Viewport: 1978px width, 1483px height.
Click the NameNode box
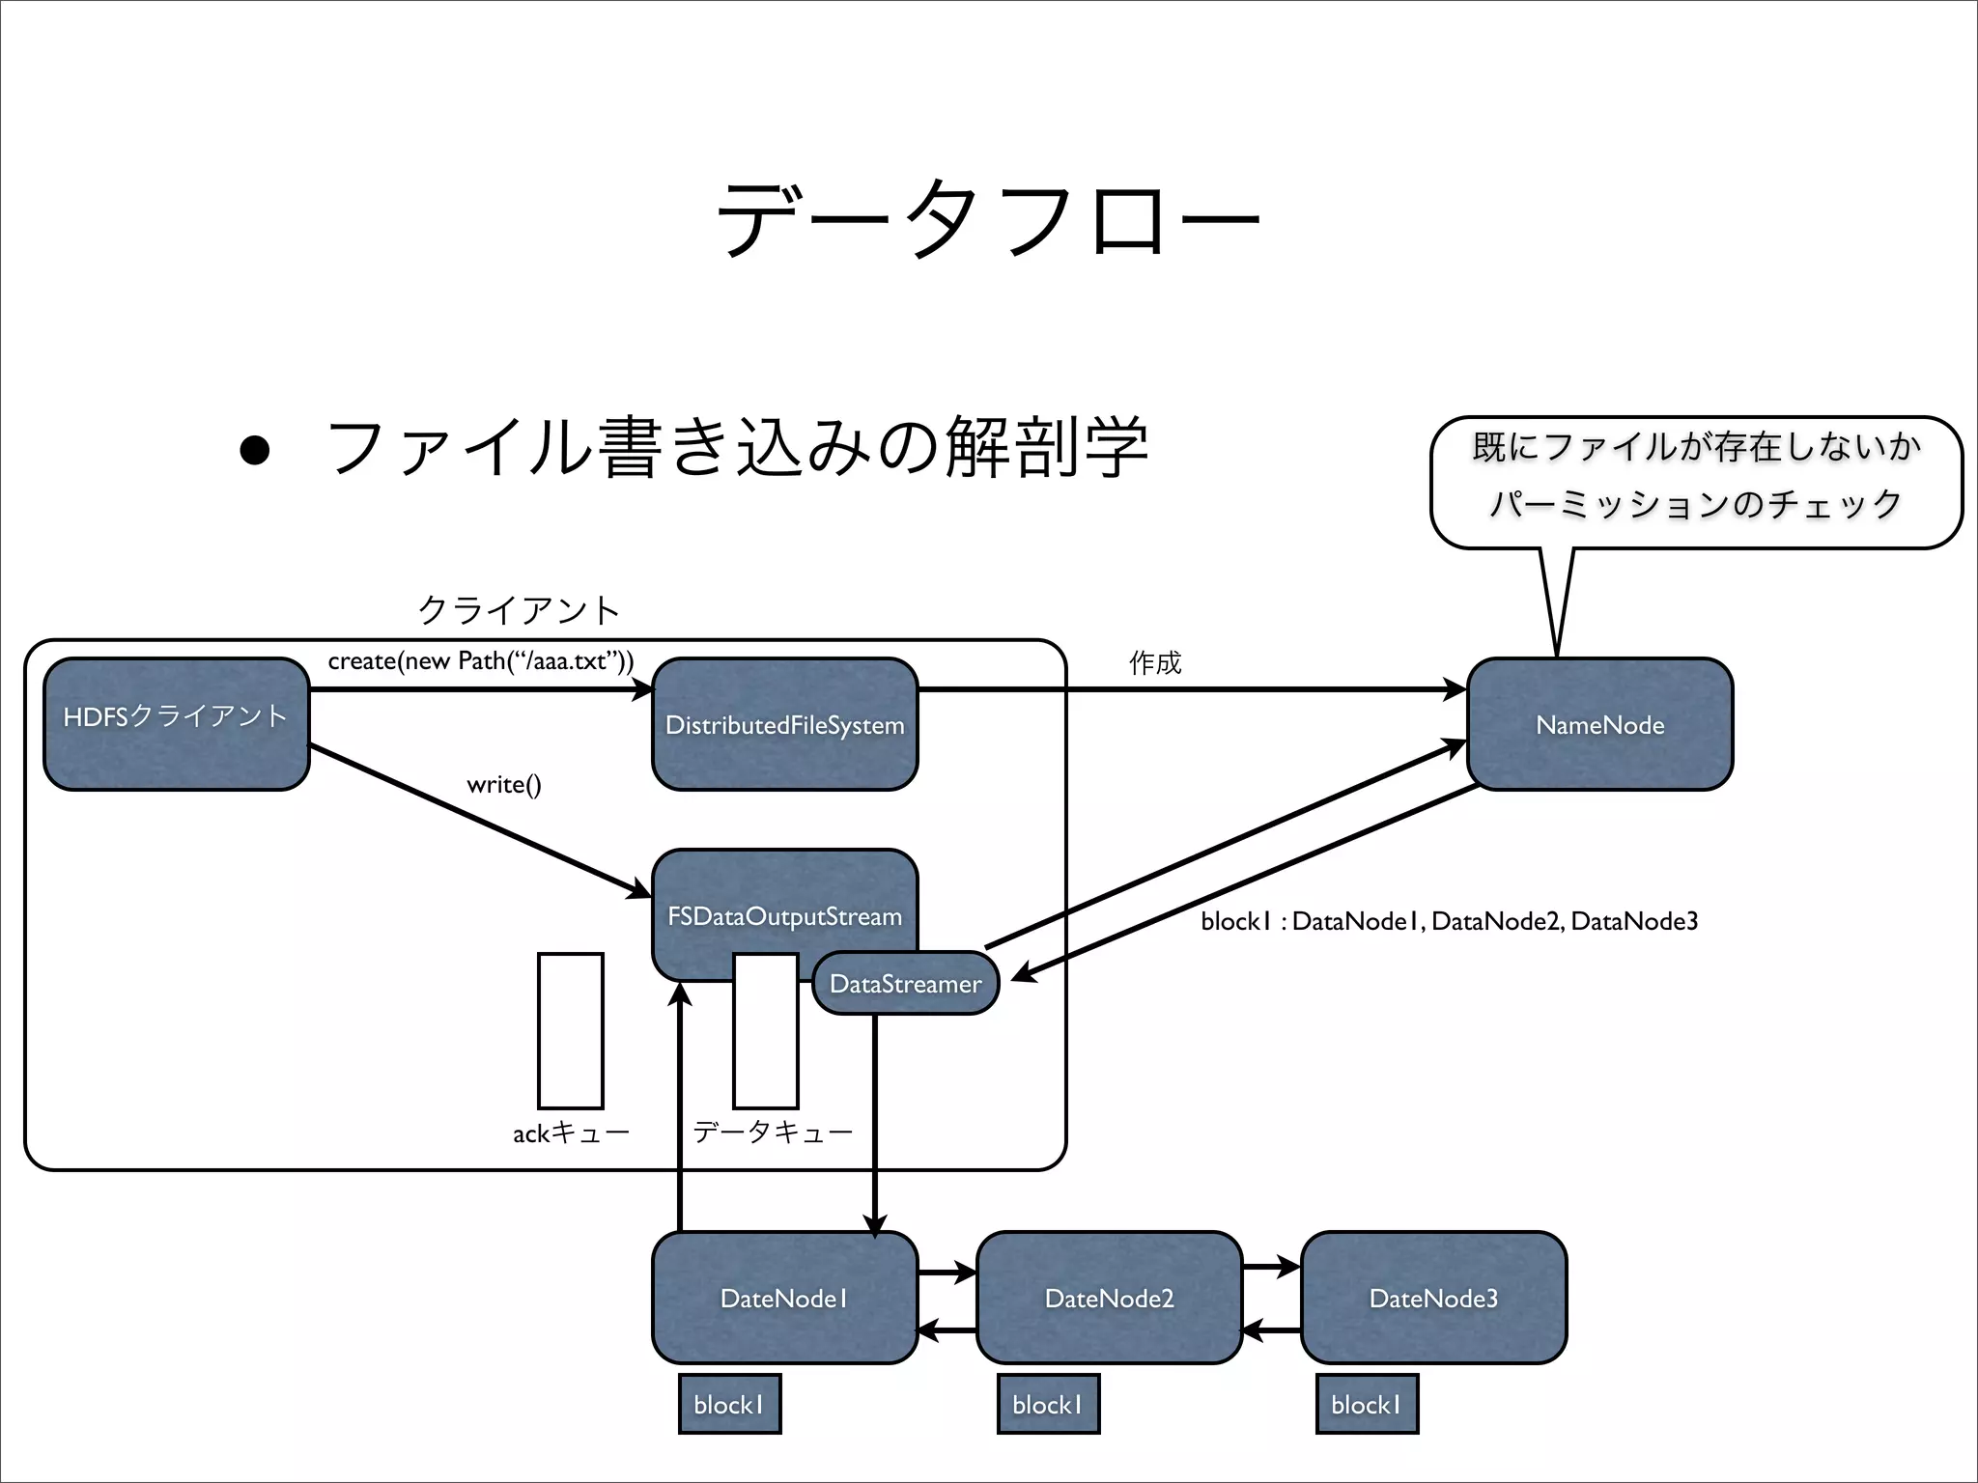click(1599, 724)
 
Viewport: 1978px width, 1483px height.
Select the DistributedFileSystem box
click(784, 724)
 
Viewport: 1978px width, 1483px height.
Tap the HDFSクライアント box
click(176, 724)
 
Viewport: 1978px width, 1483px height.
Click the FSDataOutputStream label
click(784, 915)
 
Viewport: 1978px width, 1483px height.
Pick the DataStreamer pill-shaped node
click(905, 983)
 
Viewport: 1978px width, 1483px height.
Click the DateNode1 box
click(784, 1298)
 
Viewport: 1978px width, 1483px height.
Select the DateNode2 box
click(1109, 1298)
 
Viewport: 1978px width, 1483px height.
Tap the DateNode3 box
click(1433, 1298)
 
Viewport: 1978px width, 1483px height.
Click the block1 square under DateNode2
click(1048, 1404)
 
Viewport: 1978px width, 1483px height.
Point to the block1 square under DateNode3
click(1367, 1404)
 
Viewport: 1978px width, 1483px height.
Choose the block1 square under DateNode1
click(729, 1404)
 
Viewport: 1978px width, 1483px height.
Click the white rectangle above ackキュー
click(571, 1030)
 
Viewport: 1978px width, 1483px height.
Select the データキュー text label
click(773, 1132)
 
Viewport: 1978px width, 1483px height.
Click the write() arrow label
click(504, 784)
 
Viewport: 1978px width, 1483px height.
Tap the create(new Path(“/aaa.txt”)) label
click(481, 661)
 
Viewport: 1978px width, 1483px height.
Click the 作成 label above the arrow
click(1155, 662)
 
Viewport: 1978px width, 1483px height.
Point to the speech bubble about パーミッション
click(1695, 482)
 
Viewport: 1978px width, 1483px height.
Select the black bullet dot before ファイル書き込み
click(255, 450)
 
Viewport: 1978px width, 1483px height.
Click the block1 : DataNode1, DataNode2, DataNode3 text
click(1449, 921)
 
